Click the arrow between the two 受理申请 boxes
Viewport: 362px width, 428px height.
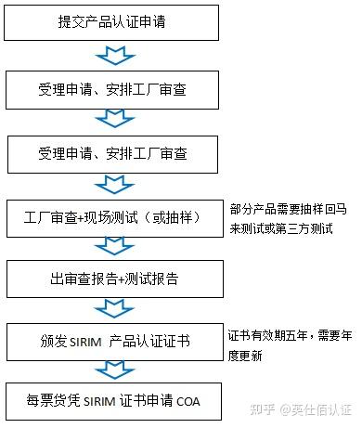click(x=115, y=119)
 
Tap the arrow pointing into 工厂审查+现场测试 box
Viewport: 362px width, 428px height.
click(x=115, y=182)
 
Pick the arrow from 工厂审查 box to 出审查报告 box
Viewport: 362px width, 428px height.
click(x=115, y=246)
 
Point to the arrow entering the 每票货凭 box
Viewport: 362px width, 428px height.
click(x=115, y=370)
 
